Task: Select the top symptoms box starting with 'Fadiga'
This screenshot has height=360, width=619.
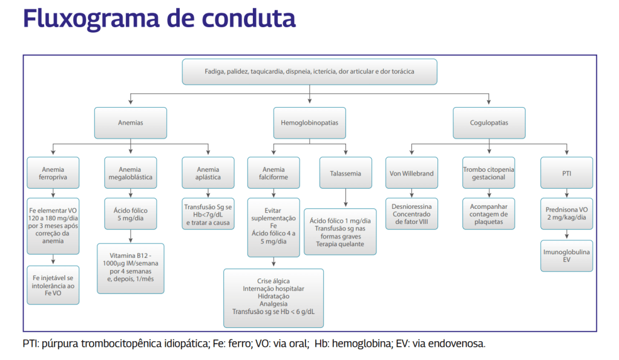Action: coord(309,71)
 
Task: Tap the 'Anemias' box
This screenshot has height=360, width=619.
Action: coord(130,122)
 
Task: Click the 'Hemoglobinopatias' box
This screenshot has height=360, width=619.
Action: coord(309,122)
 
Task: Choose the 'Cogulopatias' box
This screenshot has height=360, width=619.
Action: coord(489,122)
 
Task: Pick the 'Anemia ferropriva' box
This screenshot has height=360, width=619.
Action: coord(53,174)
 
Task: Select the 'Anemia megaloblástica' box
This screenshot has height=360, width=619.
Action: coord(130,174)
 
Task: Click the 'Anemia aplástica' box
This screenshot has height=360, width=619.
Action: coord(208,174)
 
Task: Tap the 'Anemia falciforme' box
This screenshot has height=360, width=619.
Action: coord(275,174)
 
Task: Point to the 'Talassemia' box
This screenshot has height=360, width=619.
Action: coord(345,174)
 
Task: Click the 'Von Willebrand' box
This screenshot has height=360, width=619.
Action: coord(411,174)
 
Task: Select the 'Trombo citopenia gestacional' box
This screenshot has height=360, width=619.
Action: coord(489,174)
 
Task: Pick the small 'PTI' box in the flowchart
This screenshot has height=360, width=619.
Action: coord(566,174)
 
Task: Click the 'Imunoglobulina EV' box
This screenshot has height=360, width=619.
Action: coord(566,255)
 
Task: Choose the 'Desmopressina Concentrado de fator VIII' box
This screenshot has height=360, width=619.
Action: coord(411,214)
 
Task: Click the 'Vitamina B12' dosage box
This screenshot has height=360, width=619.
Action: coord(130,268)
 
